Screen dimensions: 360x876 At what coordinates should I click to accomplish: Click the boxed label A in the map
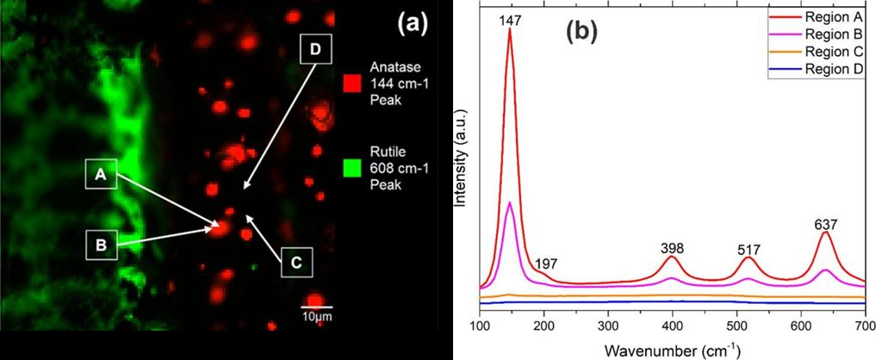tap(101, 175)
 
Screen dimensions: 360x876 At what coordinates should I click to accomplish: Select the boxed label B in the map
tap(101, 245)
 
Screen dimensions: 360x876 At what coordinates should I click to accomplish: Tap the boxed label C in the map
tap(295, 264)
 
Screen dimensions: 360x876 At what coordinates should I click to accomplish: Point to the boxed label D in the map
tap(314, 50)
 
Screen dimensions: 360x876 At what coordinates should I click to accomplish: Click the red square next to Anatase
tap(351, 83)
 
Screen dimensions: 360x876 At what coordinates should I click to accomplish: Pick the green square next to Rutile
tap(351, 157)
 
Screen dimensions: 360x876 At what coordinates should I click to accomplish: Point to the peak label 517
tap(748, 250)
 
